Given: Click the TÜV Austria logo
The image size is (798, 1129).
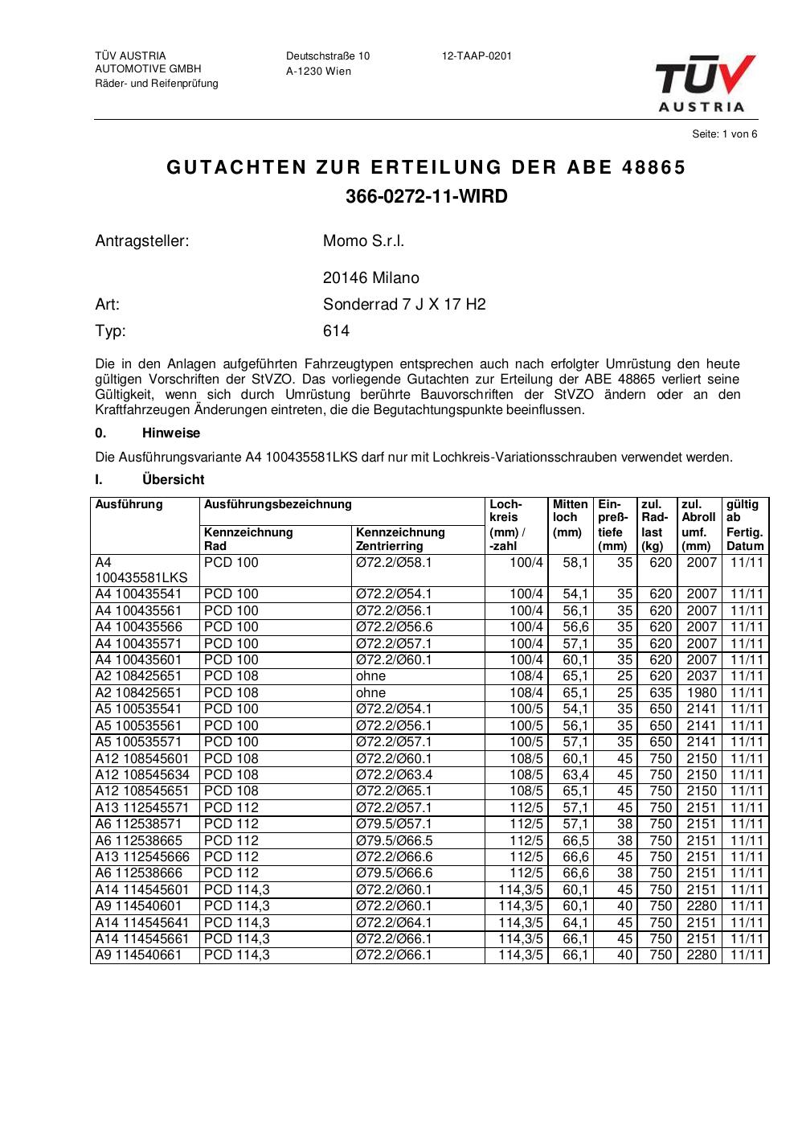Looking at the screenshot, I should coord(705,83).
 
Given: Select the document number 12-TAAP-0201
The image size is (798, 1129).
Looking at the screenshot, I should coord(477,56).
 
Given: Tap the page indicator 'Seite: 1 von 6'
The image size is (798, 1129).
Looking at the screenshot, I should coord(724,134).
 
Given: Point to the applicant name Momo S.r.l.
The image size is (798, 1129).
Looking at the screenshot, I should coord(363,241).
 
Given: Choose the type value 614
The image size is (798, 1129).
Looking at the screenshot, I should coord(336,331).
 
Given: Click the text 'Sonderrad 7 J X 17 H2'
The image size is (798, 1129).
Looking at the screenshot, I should coord(404,305).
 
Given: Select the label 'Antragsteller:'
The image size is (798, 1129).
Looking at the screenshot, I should coord(142,241).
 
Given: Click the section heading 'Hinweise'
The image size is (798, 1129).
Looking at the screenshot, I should coord(171,433).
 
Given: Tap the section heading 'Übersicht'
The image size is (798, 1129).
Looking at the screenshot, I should coord(173,480).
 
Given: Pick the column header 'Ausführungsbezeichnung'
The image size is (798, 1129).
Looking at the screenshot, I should coord(278,505).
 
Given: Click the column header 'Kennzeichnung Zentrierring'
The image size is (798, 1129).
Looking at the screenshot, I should coord(400,539).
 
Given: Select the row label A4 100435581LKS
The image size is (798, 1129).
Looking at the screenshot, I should coord(141,570).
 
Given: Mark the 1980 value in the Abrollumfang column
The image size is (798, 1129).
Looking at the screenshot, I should coord(701,692).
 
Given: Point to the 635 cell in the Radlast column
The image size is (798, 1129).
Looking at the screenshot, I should coord(660,692).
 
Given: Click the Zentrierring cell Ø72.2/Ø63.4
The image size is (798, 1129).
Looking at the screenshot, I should coord(394,774).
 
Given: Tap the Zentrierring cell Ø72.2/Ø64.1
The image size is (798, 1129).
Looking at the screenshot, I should coord(394,922).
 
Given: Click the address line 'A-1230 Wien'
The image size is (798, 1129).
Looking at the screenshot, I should coord(318,72).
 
